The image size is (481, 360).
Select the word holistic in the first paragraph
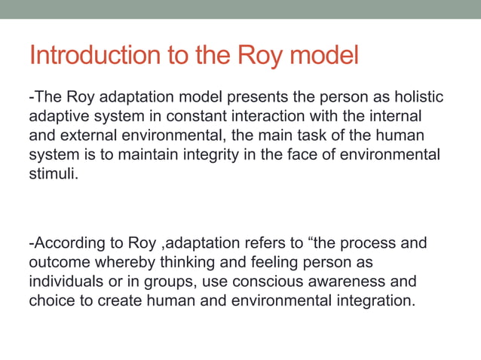pyautogui.click(x=417, y=98)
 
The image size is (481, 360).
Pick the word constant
pyautogui.click(x=190, y=117)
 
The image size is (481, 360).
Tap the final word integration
pyautogui.click(x=373, y=301)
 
